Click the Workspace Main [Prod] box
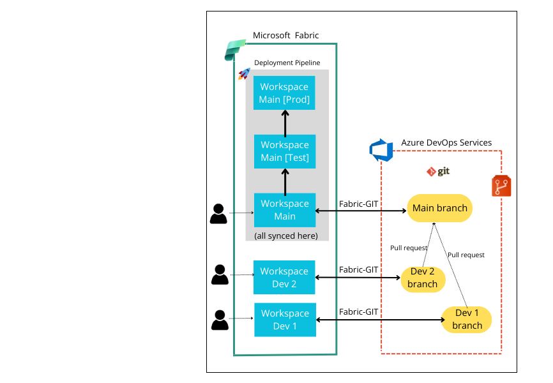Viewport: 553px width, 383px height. (285, 93)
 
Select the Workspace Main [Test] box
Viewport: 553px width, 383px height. (285, 151)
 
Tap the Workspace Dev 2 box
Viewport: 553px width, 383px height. (285, 278)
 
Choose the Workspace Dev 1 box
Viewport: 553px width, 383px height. (285, 320)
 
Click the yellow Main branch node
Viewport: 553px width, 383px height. (439, 208)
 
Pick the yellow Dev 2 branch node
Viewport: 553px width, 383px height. (423, 278)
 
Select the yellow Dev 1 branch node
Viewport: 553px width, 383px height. (467, 319)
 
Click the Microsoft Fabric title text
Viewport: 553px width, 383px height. (285, 35)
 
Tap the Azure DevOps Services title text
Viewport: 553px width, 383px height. (446, 142)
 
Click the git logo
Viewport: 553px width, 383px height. (439, 172)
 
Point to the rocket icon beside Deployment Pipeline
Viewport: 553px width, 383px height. (244, 74)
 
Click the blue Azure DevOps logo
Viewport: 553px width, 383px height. (381, 150)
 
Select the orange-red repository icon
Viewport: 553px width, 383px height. (501, 186)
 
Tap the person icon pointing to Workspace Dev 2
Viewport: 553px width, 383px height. (219, 274)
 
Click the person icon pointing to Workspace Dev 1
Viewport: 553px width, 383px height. (219, 320)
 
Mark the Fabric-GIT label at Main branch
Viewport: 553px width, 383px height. (358, 203)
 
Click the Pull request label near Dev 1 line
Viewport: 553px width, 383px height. (466, 255)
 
